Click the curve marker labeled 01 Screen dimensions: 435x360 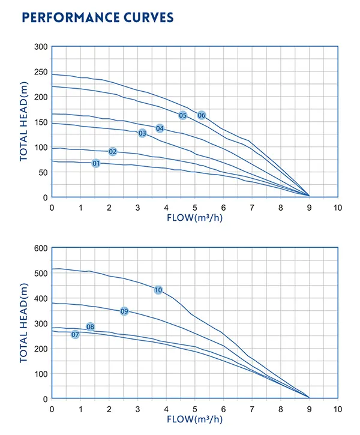pos(96,163)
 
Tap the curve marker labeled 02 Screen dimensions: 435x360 pos(113,151)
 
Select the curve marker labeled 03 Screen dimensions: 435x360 pos(142,133)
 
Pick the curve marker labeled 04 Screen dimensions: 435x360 pos(160,128)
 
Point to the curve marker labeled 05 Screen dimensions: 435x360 pos(183,115)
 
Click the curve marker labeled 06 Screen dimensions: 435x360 pos(202,115)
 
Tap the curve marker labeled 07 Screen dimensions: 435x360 pos(75,334)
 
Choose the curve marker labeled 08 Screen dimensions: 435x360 pos(91,327)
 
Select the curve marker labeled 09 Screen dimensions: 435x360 pos(124,311)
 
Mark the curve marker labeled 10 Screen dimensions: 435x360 pos(158,290)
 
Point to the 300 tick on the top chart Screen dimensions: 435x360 pos(40,47)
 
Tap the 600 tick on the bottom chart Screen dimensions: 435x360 pos(40,248)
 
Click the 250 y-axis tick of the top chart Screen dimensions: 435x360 pos(40,72)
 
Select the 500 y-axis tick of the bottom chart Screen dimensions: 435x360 pos(40,274)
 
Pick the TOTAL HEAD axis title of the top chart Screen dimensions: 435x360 pos(25,122)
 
